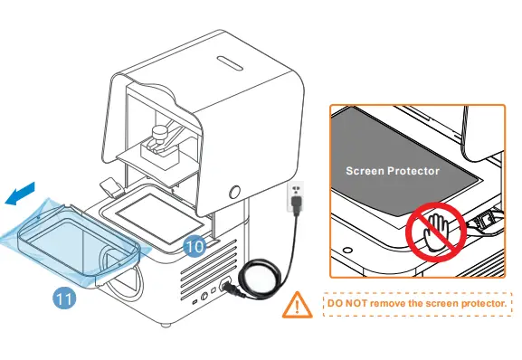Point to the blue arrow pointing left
click(22, 193)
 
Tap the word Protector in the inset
click(416, 170)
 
